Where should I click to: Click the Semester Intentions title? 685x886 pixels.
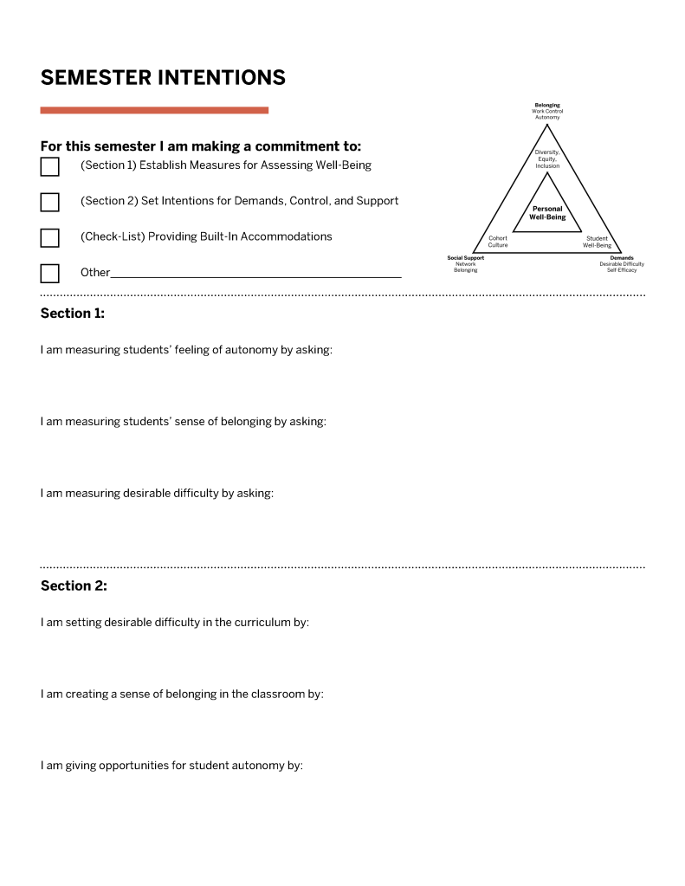pyautogui.click(x=163, y=77)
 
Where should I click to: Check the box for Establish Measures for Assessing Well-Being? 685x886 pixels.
pyautogui.click(x=50, y=166)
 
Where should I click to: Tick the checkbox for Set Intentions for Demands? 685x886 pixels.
pyautogui.click(x=50, y=202)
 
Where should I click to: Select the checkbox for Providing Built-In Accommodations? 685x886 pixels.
pyautogui.click(x=50, y=237)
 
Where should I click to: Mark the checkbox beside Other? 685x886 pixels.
pyautogui.click(x=50, y=273)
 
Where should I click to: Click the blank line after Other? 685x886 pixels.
pyautogui.click(x=256, y=274)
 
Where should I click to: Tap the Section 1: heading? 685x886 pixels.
pyautogui.click(x=73, y=314)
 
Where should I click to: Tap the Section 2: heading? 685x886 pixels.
pyautogui.click(x=74, y=585)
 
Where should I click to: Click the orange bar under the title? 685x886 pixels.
pyautogui.click(x=154, y=110)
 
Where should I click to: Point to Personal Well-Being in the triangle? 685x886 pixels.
pyautogui.click(x=547, y=213)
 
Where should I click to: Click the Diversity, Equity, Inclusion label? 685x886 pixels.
pyautogui.click(x=547, y=159)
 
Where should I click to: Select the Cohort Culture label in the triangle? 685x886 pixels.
pyautogui.click(x=498, y=242)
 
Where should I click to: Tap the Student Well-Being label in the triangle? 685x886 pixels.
pyautogui.click(x=597, y=242)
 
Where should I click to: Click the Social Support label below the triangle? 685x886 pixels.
pyautogui.click(x=466, y=258)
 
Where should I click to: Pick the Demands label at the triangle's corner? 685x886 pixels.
pyautogui.click(x=622, y=258)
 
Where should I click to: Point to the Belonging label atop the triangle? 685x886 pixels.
pyautogui.click(x=547, y=106)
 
